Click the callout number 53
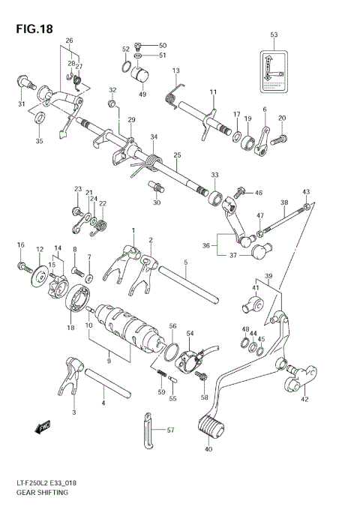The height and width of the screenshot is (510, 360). click(x=274, y=35)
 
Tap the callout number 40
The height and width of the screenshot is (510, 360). click(x=209, y=450)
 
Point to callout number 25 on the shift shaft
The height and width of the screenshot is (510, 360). click(x=177, y=156)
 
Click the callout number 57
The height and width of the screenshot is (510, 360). click(x=172, y=430)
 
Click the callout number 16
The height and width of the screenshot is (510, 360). click(x=21, y=245)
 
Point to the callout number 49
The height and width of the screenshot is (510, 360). click(x=142, y=95)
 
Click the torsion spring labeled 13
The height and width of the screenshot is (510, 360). click(x=171, y=90)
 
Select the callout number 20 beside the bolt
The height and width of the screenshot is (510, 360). click(x=282, y=118)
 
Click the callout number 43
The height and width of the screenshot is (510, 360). click(x=305, y=192)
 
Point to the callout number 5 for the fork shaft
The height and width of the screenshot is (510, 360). click(x=184, y=262)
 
